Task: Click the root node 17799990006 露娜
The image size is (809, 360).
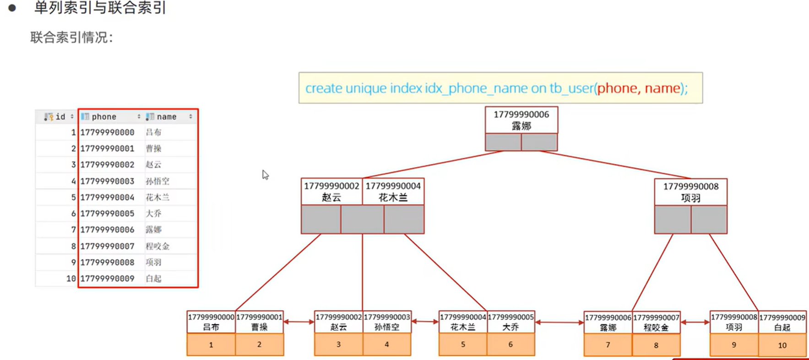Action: (521, 120)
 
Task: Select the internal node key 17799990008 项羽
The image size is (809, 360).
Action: (690, 192)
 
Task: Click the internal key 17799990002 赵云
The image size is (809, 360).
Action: (331, 191)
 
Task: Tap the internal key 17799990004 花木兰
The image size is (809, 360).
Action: (393, 191)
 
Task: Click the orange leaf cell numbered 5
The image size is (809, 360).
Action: (463, 344)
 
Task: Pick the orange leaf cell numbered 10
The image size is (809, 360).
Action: (782, 345)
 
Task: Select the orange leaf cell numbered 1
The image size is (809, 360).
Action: (211, 345)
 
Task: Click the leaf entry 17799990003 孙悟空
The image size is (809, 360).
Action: (387, 322)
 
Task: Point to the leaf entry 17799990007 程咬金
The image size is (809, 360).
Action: (656, 322)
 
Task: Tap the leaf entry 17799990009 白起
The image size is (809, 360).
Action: (782, 322)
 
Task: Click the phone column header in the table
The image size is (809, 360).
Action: (104, 117)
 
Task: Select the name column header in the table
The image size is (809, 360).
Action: (167, 117)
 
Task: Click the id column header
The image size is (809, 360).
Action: (60, 117)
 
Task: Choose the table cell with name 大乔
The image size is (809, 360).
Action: (154, 213)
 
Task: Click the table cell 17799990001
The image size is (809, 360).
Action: (108, 148)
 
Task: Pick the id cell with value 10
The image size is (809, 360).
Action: (71, 278)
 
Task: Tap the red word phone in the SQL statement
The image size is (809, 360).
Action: (616, 88)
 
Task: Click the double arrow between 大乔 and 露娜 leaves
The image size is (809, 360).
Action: (559, 322)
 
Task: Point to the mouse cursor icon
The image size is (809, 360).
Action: (265, 175)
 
